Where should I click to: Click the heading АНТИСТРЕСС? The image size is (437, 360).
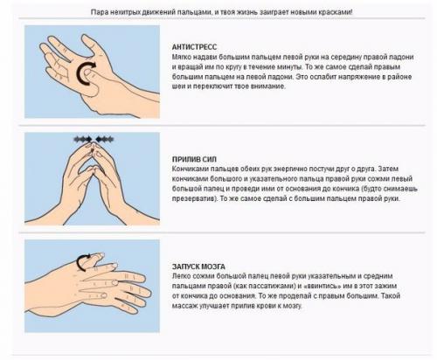pos(194,47)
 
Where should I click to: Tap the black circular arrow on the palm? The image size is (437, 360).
pos(85,73)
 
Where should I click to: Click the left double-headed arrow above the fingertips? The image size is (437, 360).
pos(83,139)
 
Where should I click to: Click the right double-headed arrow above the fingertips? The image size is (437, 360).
pos(105,139)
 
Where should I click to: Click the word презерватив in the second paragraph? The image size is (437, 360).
pos(194,199)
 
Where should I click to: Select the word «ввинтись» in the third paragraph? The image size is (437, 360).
pos(322,286)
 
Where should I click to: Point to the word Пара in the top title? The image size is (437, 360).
pos(98,12)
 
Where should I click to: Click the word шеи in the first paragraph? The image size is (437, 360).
pos(178,87)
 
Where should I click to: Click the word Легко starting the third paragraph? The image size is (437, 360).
pos(180,276)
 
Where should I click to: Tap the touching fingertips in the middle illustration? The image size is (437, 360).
pos(93,145)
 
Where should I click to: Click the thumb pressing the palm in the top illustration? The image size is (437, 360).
pos(89,80)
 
